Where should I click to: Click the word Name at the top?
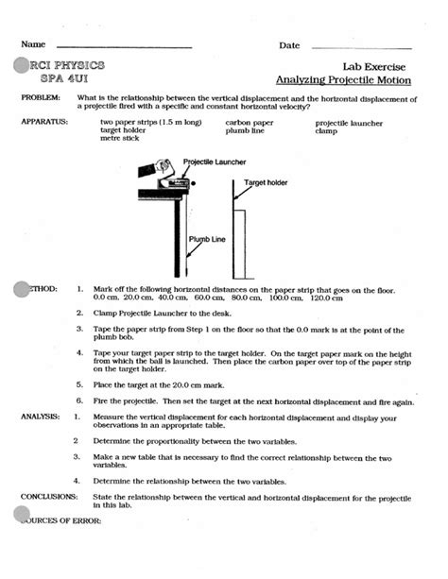coord(33,46)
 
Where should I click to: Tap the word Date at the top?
coord(289,46)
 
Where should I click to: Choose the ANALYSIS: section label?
coord(41,417)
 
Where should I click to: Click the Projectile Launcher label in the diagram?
coord(215,162)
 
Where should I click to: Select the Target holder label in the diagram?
coord(266,181)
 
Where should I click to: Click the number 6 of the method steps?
coord(77,400)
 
